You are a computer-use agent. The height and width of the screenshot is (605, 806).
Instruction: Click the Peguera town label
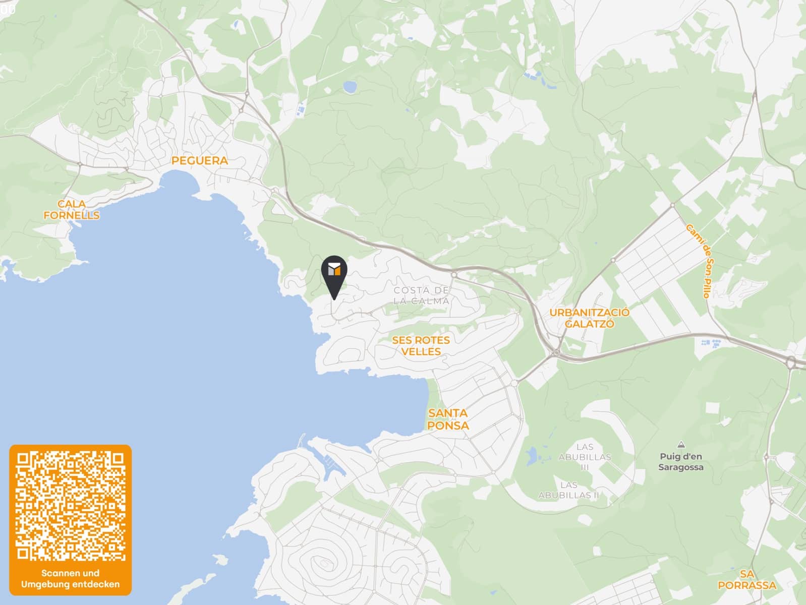coord(199,161)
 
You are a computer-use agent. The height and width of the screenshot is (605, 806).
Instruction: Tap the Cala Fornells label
coord(71,210)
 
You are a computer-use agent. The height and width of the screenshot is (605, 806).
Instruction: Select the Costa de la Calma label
coord(421,295)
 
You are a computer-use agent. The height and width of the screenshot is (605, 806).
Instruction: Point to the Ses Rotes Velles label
coord(421,346)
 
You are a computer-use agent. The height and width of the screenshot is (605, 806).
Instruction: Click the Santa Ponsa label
coord(448,419)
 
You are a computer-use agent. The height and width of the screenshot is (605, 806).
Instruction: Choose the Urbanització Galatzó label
coord(589,318)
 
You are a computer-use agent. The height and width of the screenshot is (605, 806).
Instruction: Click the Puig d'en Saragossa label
coord(680,462)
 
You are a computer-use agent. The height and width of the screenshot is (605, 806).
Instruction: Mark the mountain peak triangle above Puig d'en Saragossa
coord(681,445)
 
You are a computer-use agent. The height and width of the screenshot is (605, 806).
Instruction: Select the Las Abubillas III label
coord(585,457)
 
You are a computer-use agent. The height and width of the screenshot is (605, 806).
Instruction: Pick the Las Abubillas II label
coord(568,490)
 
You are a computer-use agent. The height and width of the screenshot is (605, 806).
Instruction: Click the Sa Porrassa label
coord(746,580)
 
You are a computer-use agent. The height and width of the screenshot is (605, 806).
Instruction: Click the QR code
coord(71,506)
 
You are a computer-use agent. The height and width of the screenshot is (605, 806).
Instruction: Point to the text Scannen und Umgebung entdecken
coord(71,579)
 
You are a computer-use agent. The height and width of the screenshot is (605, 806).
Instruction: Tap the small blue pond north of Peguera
coord(349,87)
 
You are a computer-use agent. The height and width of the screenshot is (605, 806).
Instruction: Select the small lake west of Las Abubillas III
coord(531,457)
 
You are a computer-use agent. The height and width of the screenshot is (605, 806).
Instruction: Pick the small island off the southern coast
coord(220,560)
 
